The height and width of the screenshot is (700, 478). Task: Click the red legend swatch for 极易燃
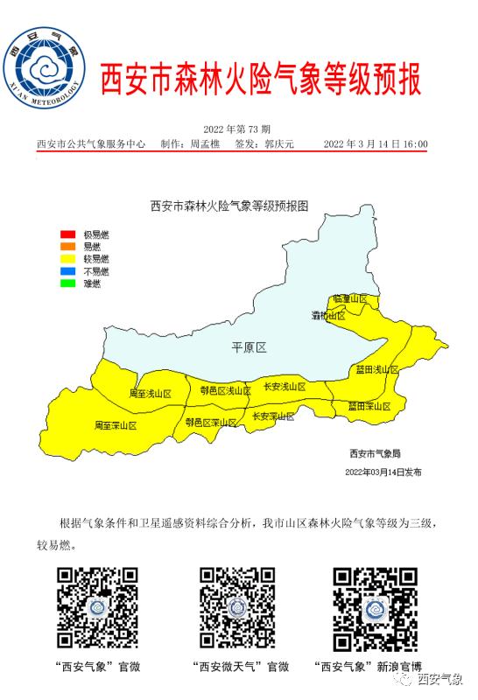67,234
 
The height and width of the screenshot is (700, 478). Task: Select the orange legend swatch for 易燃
67,247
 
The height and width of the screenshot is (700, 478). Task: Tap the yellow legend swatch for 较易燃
67,259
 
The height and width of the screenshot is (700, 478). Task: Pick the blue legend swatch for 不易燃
67,271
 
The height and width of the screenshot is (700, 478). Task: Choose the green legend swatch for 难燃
67,283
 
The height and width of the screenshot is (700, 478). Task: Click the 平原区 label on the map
248,347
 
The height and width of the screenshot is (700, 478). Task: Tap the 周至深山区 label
116,425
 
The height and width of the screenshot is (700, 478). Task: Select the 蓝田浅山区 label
376,371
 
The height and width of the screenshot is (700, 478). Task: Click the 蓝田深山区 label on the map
369,406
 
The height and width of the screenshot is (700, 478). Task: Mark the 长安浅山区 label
285,387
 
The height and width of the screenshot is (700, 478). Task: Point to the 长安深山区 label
273,416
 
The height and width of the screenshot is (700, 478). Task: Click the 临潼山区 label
350,299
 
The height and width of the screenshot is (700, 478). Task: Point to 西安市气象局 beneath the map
374,453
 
